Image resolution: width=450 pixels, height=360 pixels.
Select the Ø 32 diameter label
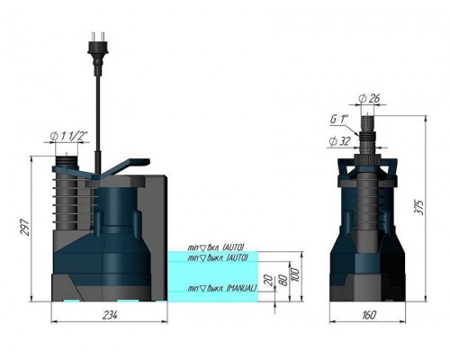click(x=339, y=139)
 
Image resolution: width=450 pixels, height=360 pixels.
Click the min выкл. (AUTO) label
click(x=212, y=258)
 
